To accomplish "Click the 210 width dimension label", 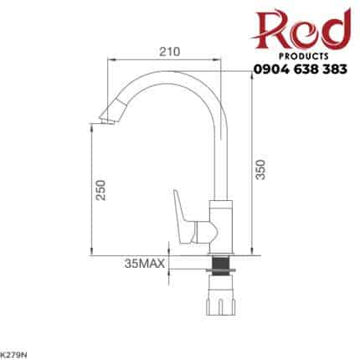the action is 170,52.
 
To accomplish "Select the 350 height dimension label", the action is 260,169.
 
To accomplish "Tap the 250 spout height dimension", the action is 100,190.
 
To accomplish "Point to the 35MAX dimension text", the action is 145,264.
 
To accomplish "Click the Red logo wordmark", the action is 301,29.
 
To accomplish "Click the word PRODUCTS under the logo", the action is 304,56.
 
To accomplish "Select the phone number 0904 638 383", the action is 301,69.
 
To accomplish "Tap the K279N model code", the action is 13,355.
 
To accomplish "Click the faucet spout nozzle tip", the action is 107,121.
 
